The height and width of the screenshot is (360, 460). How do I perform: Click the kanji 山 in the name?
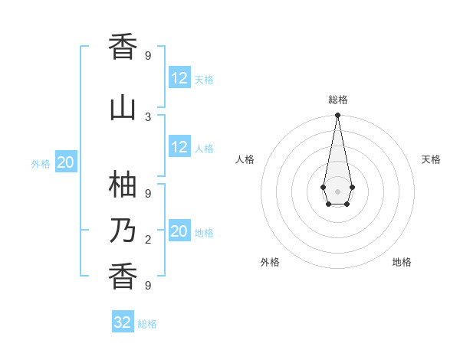coord(123,106)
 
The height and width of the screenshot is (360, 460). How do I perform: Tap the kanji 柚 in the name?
coord(123,185)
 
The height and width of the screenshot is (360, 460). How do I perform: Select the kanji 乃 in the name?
coord(123,231)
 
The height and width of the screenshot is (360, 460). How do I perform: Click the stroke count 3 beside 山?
coord(148,116)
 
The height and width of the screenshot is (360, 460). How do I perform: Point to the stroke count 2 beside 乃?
coord(148,240)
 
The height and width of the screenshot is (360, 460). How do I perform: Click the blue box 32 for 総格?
coord(123,322)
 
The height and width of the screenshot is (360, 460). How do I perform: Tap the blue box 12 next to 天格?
coord(179,78)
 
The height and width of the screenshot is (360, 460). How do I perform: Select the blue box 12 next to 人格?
coord(179,147)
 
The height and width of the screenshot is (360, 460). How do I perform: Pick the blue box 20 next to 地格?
coord(179,231)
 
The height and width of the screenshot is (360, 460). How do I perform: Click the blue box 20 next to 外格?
coord(66,162)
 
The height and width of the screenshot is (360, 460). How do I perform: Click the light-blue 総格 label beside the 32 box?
coord(147,324)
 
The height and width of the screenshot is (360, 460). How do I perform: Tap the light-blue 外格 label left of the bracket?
coord(41,164)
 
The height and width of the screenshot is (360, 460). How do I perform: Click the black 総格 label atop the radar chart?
coord(337,100)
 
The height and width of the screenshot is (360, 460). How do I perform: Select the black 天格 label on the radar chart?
coord(431,159)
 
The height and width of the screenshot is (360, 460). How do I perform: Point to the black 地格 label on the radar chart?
coord(402,262)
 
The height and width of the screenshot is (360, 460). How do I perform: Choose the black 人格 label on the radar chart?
coord(245,159)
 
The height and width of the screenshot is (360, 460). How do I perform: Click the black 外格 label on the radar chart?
coord(270,262)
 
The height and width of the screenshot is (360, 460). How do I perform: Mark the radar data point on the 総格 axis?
coord(337,116)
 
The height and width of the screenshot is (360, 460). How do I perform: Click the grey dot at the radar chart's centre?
coord(337,190)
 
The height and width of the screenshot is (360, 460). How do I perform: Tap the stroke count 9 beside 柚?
coord(148,194)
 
